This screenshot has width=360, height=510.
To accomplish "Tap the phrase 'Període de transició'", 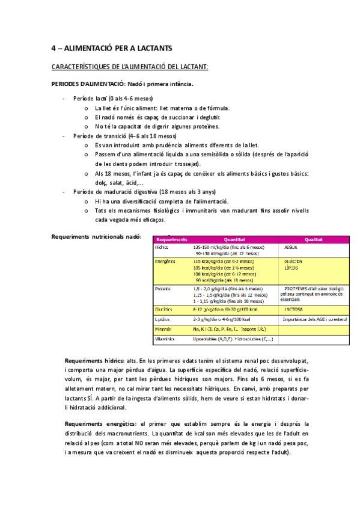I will (100, 137).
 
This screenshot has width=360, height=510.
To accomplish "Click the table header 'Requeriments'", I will (171, 239).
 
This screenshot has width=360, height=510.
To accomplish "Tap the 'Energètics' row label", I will (165, 262).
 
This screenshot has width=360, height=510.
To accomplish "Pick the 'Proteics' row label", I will (163, 289).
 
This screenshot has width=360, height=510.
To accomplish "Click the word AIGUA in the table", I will (292, 247).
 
